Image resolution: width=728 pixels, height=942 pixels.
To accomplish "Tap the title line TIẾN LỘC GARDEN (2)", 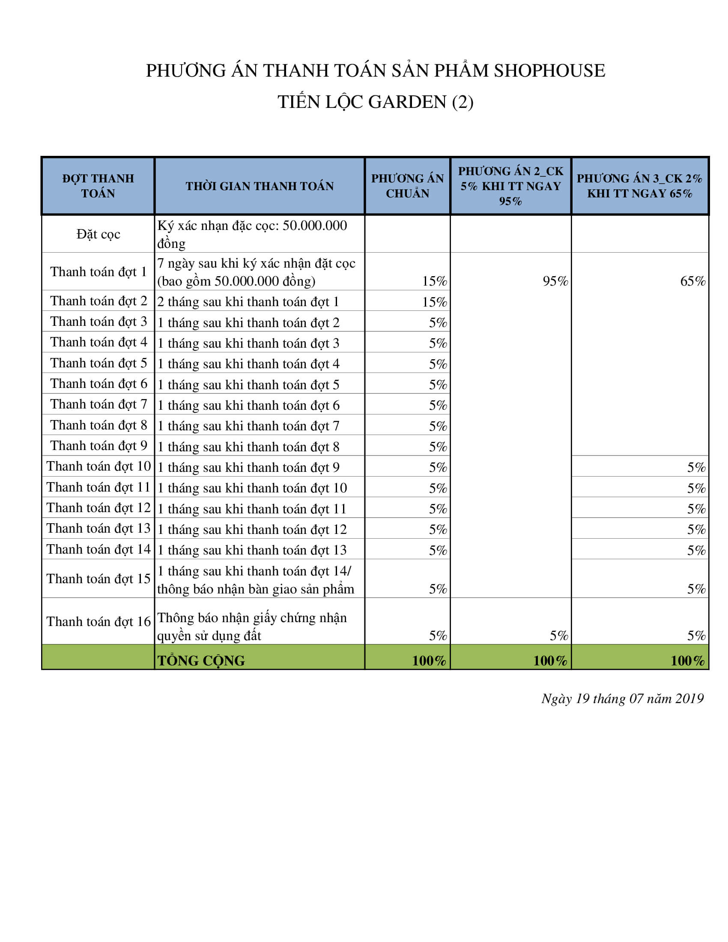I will point(375,102).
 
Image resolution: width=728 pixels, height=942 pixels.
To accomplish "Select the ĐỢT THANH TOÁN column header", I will point(98,186).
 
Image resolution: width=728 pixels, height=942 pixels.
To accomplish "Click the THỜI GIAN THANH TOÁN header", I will point(260,186).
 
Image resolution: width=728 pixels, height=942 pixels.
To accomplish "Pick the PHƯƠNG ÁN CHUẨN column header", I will point(407,186).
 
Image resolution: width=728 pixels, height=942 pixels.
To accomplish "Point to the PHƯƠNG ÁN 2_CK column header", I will point(510,186).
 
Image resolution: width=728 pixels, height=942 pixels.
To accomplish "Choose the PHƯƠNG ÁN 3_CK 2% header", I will point(640,186).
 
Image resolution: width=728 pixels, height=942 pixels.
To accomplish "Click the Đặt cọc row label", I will point(98,234).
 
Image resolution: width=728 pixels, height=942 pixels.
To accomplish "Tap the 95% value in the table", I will point(555,281).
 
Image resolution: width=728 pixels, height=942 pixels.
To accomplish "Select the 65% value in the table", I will point(692,281).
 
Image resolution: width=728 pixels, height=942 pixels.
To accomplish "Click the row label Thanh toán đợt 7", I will point(98,404).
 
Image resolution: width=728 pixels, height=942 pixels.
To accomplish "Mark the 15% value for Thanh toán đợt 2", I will point(434,302).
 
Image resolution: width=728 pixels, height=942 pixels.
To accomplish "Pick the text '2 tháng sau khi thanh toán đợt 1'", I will point(248,301).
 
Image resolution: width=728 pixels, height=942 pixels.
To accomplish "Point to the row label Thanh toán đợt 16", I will point(98,622).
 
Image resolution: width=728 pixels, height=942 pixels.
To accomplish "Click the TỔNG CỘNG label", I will point(201,660).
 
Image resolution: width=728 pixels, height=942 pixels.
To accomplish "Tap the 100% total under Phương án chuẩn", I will point(429,660).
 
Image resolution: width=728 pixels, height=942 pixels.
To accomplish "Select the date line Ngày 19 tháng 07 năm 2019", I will point(622,698).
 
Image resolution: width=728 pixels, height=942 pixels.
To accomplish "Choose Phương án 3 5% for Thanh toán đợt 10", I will point(696,468).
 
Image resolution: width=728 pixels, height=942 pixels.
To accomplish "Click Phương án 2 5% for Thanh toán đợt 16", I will point(558,635).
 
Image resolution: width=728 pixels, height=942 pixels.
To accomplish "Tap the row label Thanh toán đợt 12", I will point(98,508).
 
